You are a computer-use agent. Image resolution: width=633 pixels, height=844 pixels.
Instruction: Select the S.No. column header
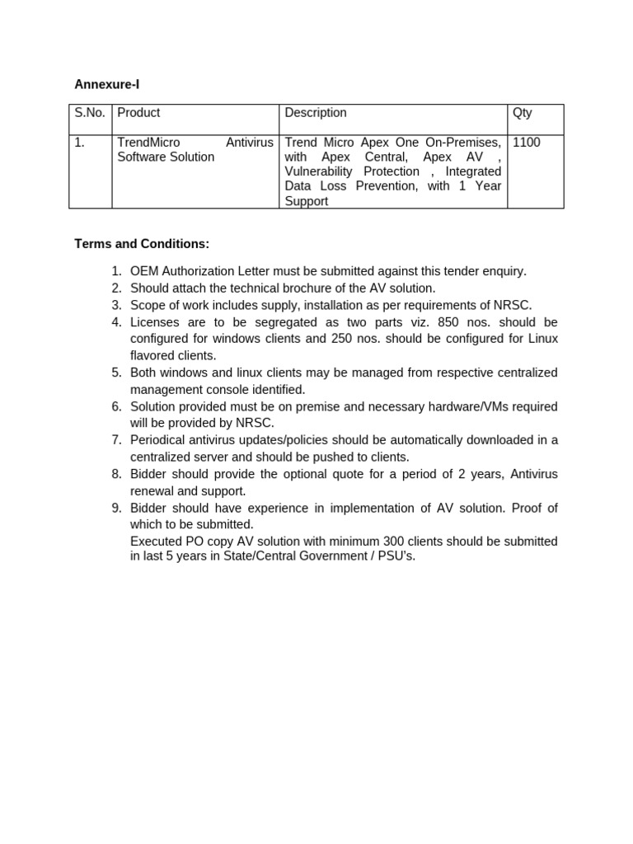click(x=90, y=113)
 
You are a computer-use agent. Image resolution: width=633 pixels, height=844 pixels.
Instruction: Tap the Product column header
click(x=138, y=113)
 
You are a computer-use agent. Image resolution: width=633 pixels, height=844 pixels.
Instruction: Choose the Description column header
click(x=315, y=113)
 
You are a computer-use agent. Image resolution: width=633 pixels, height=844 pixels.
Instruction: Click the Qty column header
click(x=522, y=113)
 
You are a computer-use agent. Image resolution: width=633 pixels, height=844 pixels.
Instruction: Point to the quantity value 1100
click(x=526, y=143)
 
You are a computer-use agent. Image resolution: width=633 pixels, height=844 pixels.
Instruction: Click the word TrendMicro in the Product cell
click(x=148, y=143)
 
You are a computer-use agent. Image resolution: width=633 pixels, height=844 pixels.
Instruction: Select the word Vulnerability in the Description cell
click(x=317, y=171)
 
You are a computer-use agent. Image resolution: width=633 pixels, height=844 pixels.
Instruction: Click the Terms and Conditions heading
click(x=142, y=244)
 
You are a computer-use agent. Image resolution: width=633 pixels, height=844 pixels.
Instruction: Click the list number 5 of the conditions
click(x=116, y=373)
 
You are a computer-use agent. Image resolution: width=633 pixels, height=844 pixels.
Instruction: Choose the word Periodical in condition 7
click(x=159, y=440)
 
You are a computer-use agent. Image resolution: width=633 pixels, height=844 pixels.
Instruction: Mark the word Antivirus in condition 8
click(x=534, y=474)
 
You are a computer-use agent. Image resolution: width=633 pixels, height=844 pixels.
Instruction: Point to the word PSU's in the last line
click(x=398, y=556)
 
